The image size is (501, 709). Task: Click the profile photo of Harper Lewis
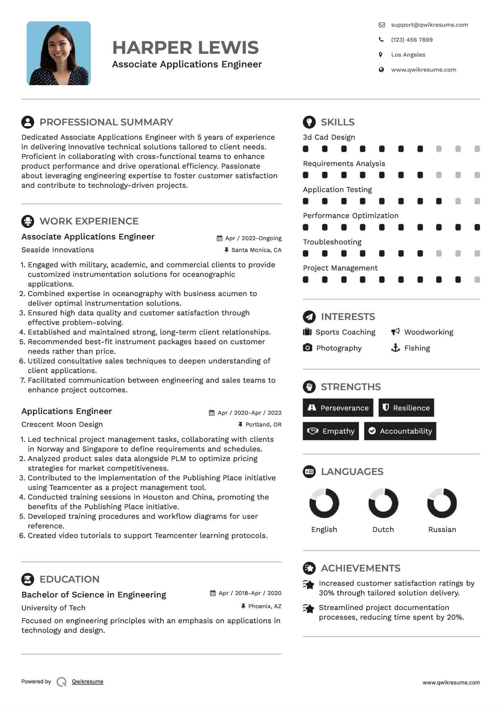click(59, 53)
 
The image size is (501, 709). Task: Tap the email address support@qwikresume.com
click(429, 25)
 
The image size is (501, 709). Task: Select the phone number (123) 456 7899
click(412, 40)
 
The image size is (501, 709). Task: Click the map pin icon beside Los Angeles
click(381, 55)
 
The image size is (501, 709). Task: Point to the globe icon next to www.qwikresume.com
click(381, 70)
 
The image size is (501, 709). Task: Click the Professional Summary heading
click(106, 122)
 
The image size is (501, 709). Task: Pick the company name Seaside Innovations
click(58, 250)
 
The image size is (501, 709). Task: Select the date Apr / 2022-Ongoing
click(253, 238)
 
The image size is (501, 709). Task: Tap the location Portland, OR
click(263, 425)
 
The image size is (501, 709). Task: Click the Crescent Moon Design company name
click(62, 425)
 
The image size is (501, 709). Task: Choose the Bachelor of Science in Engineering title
click(94, 595)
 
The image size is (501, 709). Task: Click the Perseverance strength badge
click(338, 408)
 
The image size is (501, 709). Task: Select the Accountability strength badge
click(400, 431)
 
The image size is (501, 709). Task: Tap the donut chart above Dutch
click(383, 503)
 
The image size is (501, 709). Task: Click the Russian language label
click(442, 529)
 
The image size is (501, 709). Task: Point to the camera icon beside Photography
click(307, 348)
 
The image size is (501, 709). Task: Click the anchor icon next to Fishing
click(395, 348)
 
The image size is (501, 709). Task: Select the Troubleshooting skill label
click(332, 242)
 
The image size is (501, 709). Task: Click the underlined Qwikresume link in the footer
click(88, 682)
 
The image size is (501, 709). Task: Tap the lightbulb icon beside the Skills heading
click(309, 122)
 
